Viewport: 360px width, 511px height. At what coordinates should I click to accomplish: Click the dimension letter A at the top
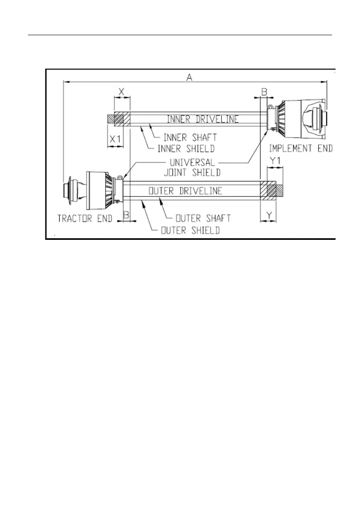click(189, 78)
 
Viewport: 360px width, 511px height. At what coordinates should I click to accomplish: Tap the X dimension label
click(121, 92)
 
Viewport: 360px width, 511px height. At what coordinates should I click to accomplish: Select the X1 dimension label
click(115, 139)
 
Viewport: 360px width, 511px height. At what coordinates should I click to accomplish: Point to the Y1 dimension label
click(275, 160)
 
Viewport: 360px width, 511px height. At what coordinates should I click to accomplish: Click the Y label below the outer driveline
click(269, 215)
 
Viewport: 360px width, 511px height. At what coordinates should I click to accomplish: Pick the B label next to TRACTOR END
click(126, 215)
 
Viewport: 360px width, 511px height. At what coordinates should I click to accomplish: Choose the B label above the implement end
click(264, 92)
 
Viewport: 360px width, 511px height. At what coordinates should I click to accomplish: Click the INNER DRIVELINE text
click(203, 119)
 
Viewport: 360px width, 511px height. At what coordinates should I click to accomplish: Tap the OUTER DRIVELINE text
click(185, 190)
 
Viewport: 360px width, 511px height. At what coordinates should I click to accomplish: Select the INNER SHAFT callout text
click(190, 138)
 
